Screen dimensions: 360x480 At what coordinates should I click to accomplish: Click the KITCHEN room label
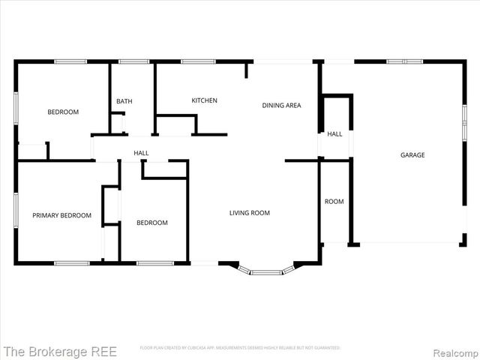coord(204,100)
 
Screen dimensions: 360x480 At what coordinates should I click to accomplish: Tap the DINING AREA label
coord(281,106)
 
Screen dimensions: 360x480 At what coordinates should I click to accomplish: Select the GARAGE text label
coord(412,155)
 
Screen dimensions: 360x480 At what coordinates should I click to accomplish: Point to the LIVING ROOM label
coord(249,213)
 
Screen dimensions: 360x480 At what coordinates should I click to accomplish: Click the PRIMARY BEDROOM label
coord(61,215)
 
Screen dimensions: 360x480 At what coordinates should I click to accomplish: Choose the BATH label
coord(124,101)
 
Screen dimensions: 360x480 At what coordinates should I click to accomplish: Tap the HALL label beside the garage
coord(334,134)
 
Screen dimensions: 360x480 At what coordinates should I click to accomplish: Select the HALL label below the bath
coord(141,153)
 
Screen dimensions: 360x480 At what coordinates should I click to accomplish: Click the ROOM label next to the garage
coord(334,202)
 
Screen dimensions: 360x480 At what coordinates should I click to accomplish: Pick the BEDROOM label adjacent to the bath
coord(63,112)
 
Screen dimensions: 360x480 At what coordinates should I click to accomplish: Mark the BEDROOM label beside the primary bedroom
coord(151,223)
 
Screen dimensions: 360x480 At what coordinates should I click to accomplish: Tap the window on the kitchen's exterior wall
coord(198,61)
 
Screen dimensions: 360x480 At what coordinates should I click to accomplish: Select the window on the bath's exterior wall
coord(133,61)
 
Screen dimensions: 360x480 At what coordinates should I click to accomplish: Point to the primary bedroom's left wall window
coord(16,211)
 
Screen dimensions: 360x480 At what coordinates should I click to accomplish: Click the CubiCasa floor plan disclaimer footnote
coord(240,348)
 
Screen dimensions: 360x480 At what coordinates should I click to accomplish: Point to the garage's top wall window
coord(404,61)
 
